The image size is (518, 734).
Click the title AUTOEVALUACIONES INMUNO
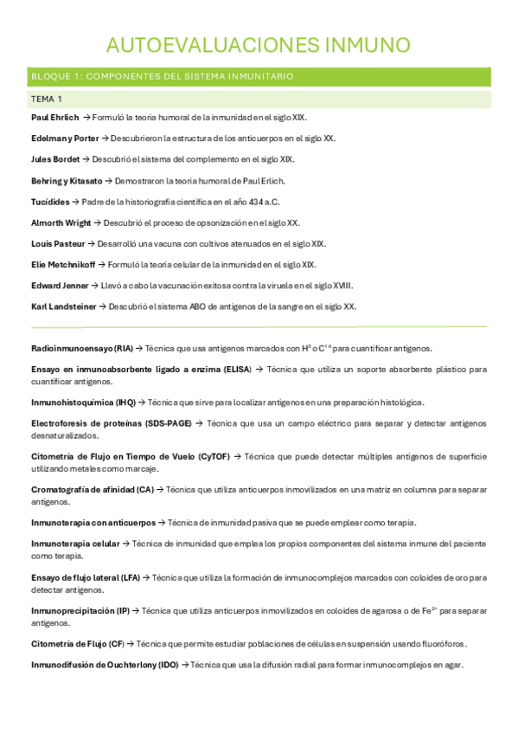259,45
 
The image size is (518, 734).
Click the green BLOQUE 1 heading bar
259,76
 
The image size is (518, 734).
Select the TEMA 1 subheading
48,100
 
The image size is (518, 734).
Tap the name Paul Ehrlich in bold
54,117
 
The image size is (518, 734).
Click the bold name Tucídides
49,202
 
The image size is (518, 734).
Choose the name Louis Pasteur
58,244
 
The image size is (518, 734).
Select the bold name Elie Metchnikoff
62,265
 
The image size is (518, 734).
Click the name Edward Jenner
60,286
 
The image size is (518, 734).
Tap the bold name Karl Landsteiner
63,306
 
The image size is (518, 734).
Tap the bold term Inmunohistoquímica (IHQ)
83,402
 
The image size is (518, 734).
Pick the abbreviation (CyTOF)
216,456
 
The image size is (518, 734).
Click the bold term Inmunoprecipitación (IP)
80,610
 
